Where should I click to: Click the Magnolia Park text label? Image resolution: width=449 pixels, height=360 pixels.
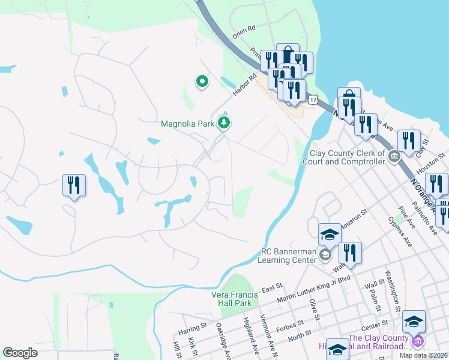point(187,124)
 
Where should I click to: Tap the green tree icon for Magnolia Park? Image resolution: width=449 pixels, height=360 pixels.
point(224,124)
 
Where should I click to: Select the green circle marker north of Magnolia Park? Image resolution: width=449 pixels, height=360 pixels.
point(202,82)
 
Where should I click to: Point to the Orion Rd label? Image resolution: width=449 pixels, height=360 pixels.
point(245,28)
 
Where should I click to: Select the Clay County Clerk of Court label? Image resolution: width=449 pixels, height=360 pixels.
point(348,157)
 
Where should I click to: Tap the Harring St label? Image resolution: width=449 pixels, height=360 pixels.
point(192,326)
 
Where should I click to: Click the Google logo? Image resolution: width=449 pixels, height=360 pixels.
point(20,353)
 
